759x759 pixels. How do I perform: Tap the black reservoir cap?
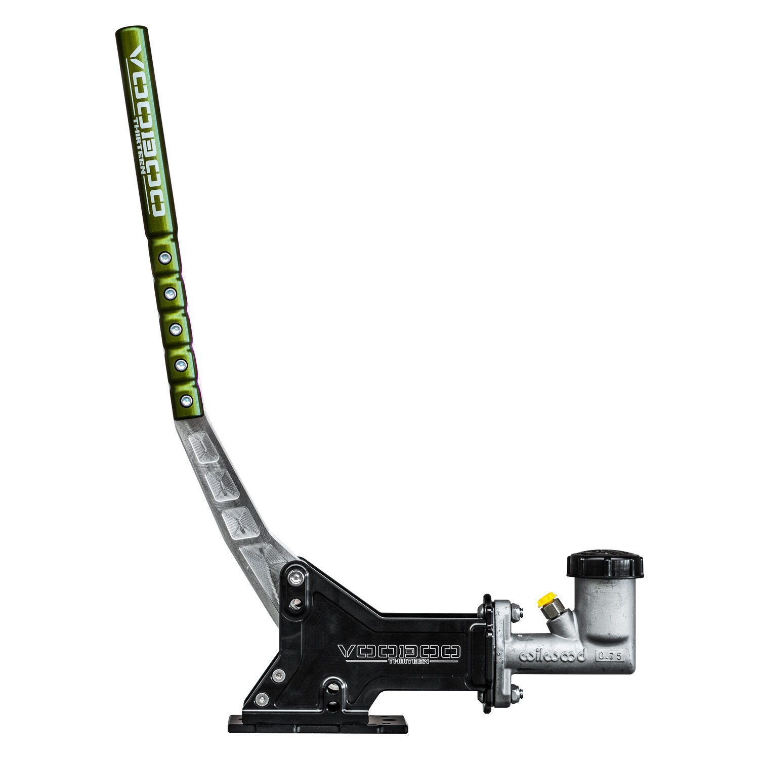point(605,565)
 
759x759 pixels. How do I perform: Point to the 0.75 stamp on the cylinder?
point(610,656)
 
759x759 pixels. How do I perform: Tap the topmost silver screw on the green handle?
point(164,258)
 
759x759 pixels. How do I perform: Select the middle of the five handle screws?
point(176,330)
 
